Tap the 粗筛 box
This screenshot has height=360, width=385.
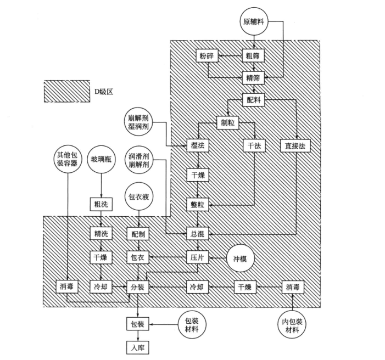coord(253,57)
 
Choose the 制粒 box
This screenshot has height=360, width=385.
coord(227,123)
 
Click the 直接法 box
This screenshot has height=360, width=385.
coord(295,146)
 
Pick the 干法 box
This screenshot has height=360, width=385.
coord(253,146)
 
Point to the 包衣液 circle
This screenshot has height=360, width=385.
coord(137,196)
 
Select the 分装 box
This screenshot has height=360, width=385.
coord(137,287)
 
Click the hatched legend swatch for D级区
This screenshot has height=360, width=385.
coord(65,91)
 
